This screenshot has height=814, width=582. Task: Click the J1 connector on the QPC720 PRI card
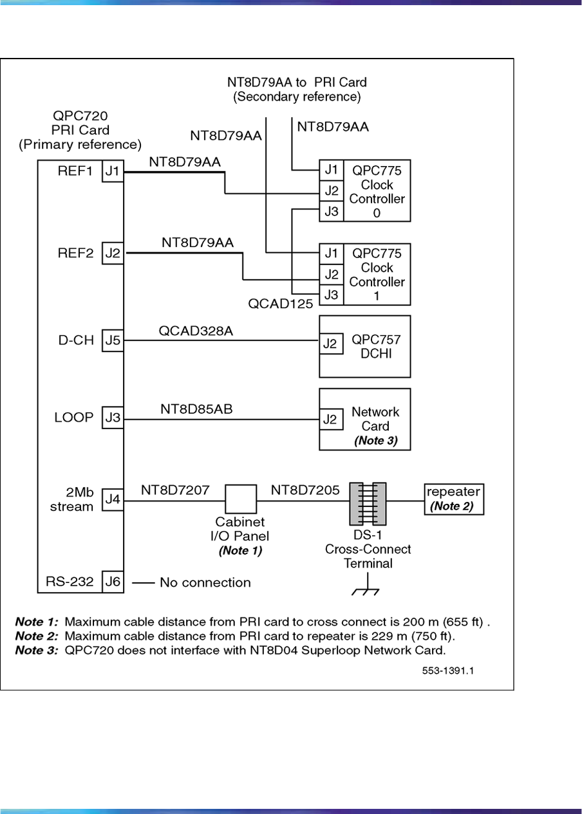tap(113, 172)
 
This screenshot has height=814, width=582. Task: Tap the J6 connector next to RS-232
tap(113, 582)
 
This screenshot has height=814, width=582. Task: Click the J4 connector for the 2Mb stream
tap(113, 500)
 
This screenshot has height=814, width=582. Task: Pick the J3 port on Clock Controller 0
tap(332, 211)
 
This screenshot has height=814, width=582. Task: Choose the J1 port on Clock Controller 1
tap(332, 253)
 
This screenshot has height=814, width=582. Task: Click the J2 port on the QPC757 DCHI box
tap(330, 344)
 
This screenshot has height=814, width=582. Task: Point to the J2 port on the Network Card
tap(330, 420)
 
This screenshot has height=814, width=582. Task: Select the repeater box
tap(453, 499)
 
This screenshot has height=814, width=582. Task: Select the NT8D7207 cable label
tap(175, 490)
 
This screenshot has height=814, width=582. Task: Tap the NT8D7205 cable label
tap(305, 490)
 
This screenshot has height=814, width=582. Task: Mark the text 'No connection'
tap(205, 583)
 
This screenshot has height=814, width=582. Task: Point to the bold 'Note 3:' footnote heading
tap(37, 649)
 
